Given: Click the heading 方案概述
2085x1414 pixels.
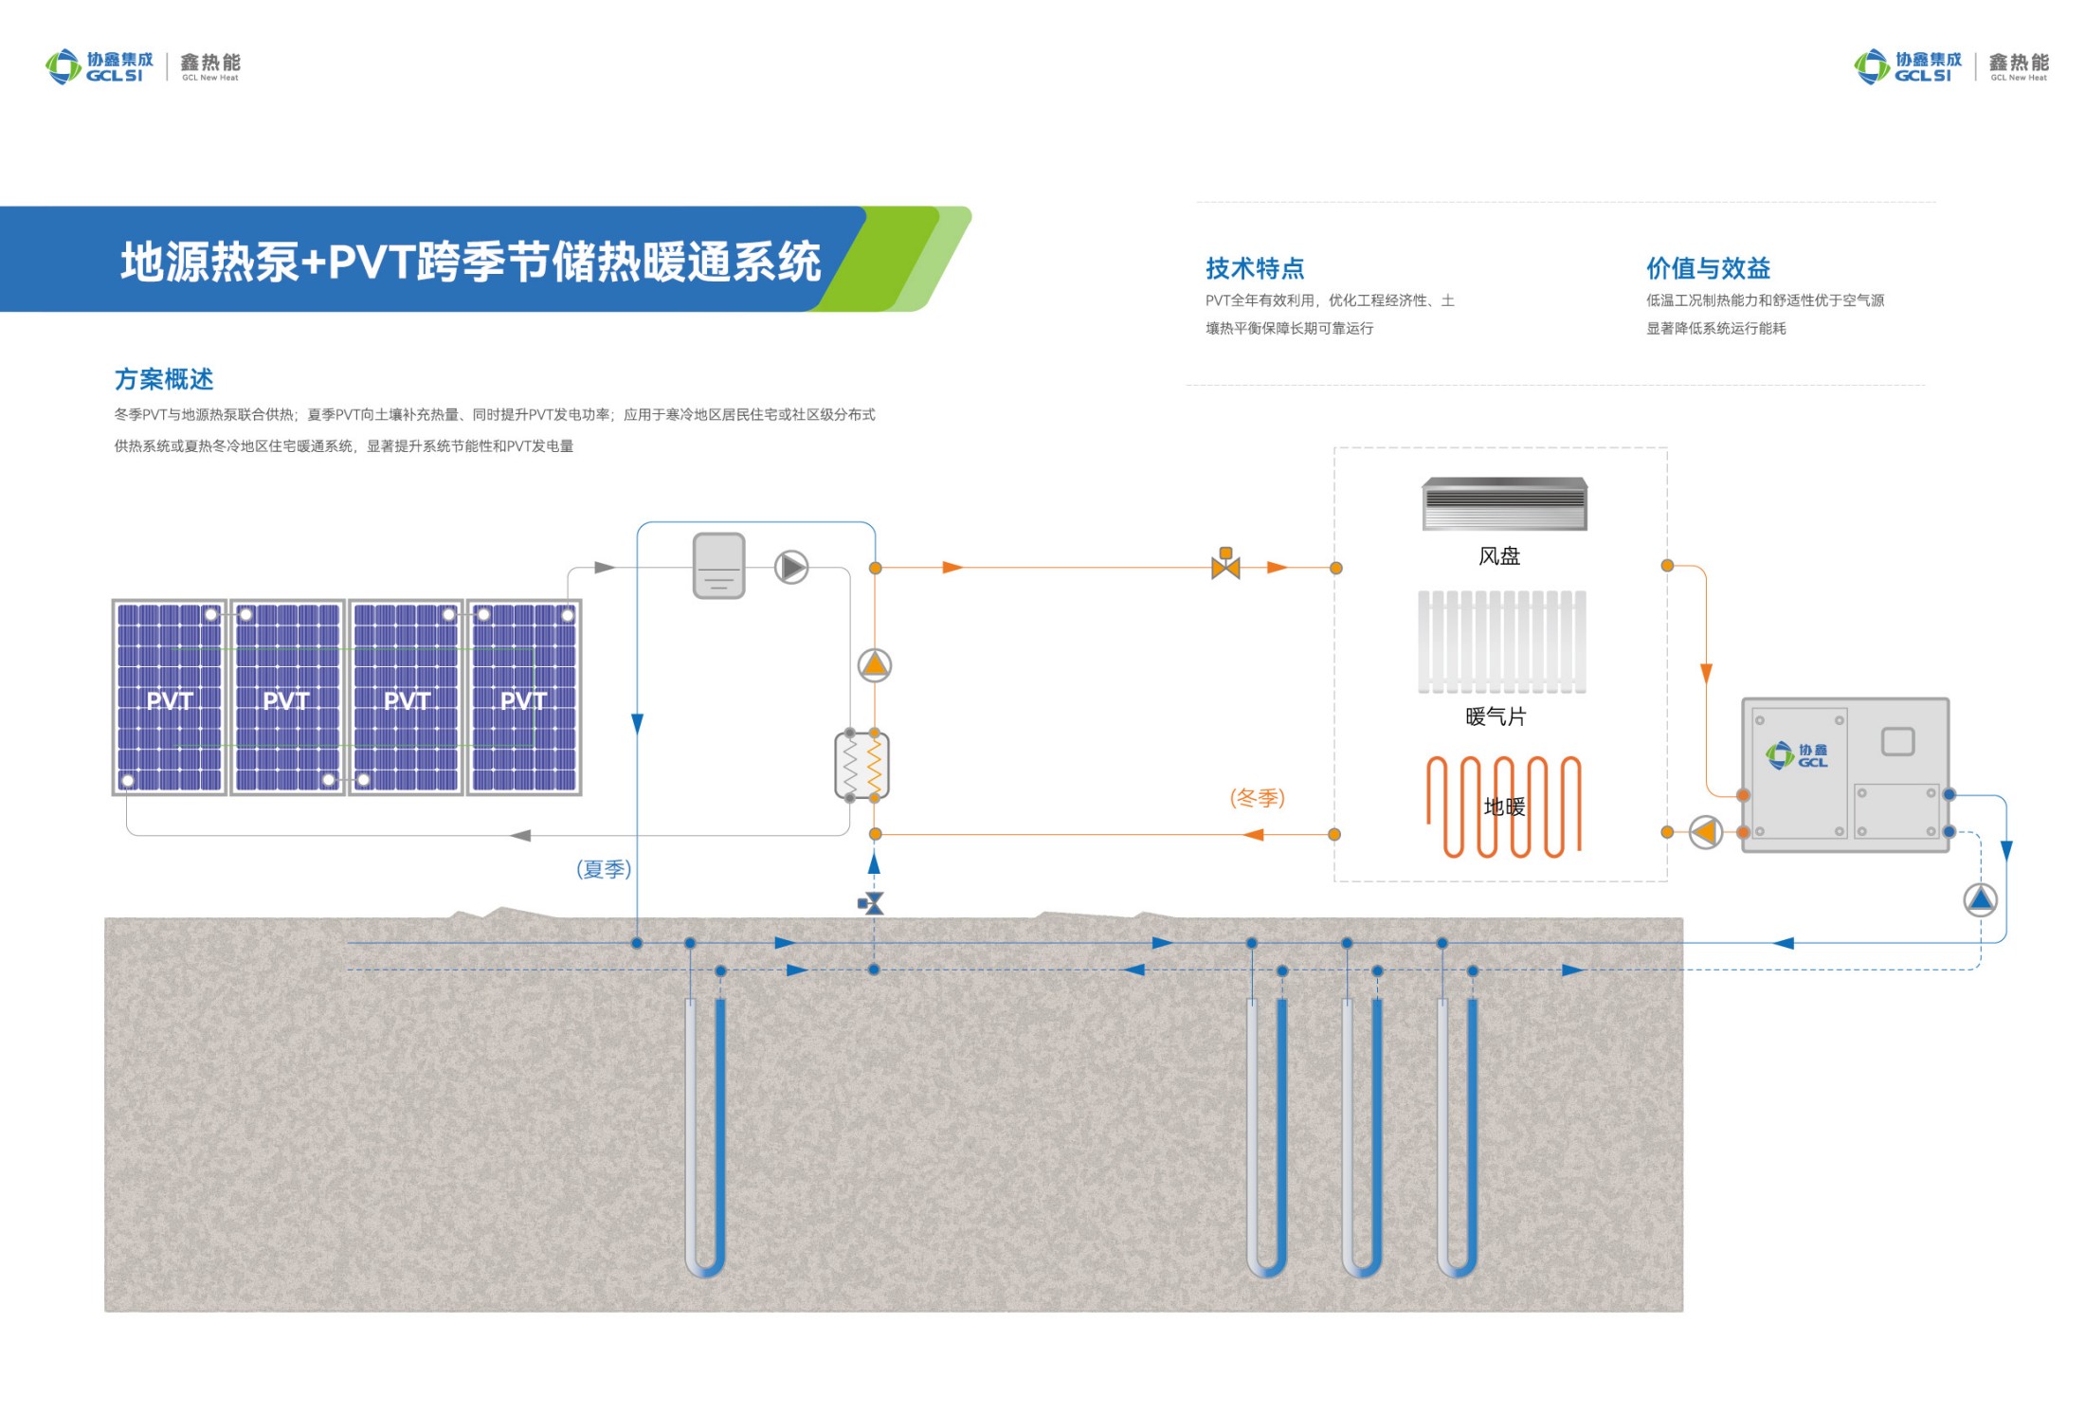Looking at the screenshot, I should click(x=164, y=379).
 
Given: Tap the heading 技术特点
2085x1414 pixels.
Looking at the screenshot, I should click(x=1254, y=268).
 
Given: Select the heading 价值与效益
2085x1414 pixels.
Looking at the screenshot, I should click(x=1708, y=268).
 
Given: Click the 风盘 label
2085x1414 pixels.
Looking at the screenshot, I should click(x=1498, y=556).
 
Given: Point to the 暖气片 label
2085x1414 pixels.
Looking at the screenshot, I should click(x=1496, y=716).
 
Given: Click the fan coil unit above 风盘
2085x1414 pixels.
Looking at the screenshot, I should click(x=1504, y=503).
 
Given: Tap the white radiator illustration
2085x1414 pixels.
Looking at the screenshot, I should click(x=1502, y=642).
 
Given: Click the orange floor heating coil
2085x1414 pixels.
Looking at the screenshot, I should click(x=1503, y=807).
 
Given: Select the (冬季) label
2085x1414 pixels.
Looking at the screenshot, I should click(x=1257, y=798).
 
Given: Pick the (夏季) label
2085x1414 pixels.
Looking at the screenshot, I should click(x=604, y=869).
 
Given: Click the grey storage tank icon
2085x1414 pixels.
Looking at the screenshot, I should click(x=718, y=566).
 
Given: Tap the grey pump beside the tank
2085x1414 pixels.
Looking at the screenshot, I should click(x=791, y=568).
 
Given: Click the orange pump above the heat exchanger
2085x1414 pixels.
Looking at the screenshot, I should click(x=875, y=665).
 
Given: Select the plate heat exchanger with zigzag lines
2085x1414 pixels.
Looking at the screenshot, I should click(x=861, y=765).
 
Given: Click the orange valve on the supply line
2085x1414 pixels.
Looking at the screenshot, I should click(x=1225, y=565).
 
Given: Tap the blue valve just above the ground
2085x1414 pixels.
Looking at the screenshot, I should click(x=872, y=903).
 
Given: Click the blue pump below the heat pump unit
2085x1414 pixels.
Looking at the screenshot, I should click(x=1980, y=899).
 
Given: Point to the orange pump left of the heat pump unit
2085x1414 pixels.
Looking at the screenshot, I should click(x=1705, y=832).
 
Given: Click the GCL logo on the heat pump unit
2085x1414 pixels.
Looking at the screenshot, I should click(x=1796, y=755).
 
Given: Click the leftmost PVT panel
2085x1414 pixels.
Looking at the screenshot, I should click(x=170, y=698).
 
